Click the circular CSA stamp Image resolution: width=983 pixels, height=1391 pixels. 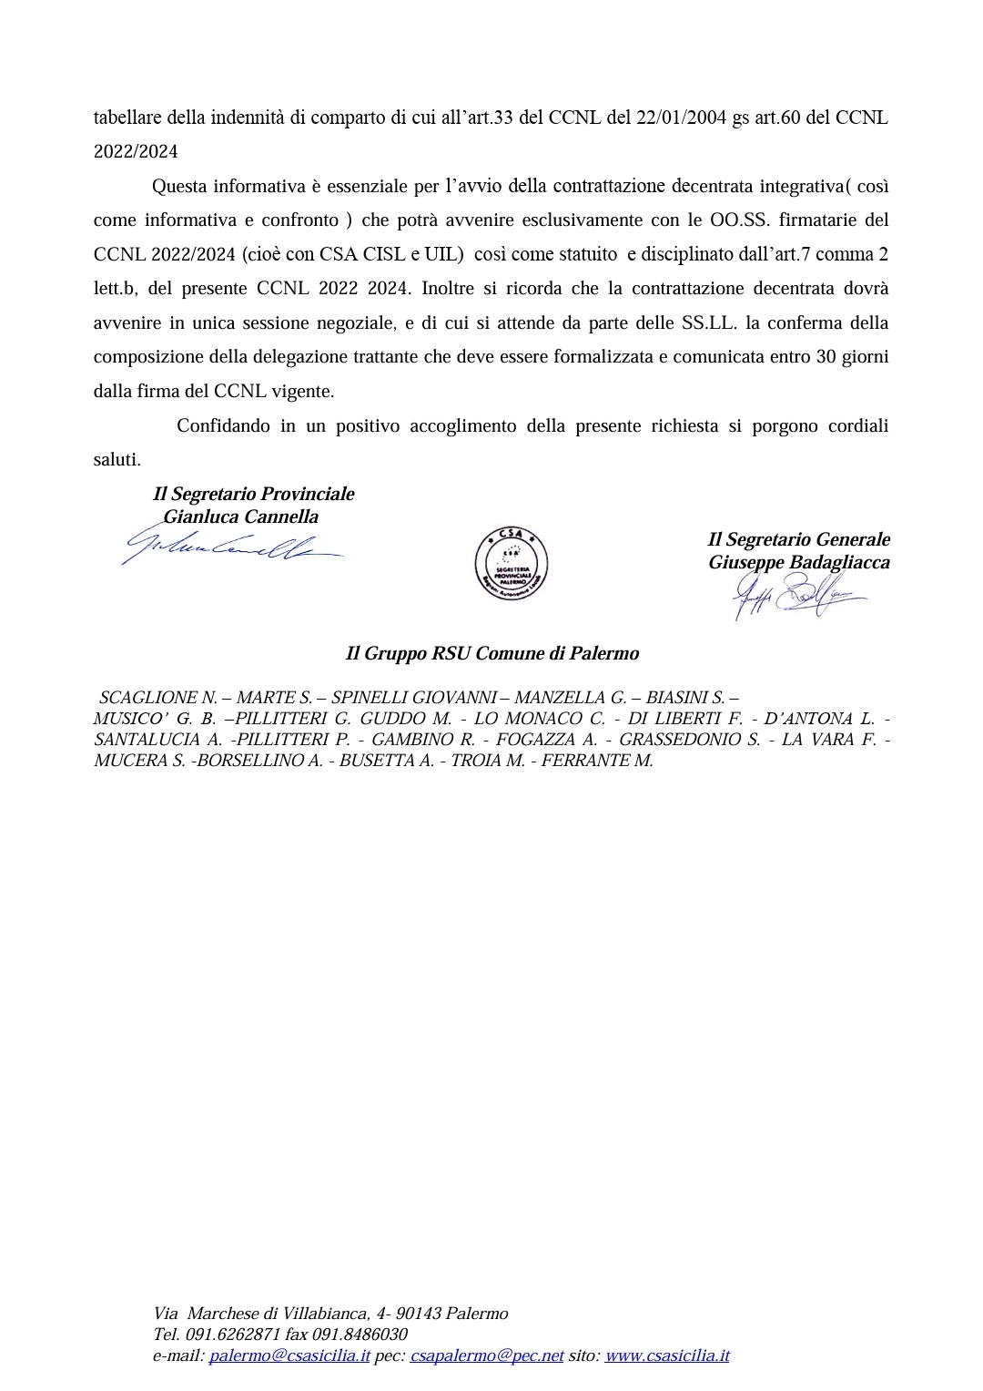[511, 563]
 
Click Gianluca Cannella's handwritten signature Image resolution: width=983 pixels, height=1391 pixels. [232, 547]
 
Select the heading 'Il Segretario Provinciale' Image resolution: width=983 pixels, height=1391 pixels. [253, 494]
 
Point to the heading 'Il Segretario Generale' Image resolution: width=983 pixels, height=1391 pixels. [798, 539]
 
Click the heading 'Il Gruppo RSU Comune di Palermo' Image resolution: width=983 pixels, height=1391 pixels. [491, 653]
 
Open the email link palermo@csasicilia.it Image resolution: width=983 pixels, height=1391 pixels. [289, 1355]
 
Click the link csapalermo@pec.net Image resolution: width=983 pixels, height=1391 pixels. [487, 1355]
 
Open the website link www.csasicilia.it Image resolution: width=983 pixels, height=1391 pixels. [667, 1355]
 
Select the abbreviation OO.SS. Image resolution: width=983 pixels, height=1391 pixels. [739, 220]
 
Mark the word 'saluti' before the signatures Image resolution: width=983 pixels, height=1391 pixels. [116, 460]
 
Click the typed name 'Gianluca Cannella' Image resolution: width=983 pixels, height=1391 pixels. [240, 517]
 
